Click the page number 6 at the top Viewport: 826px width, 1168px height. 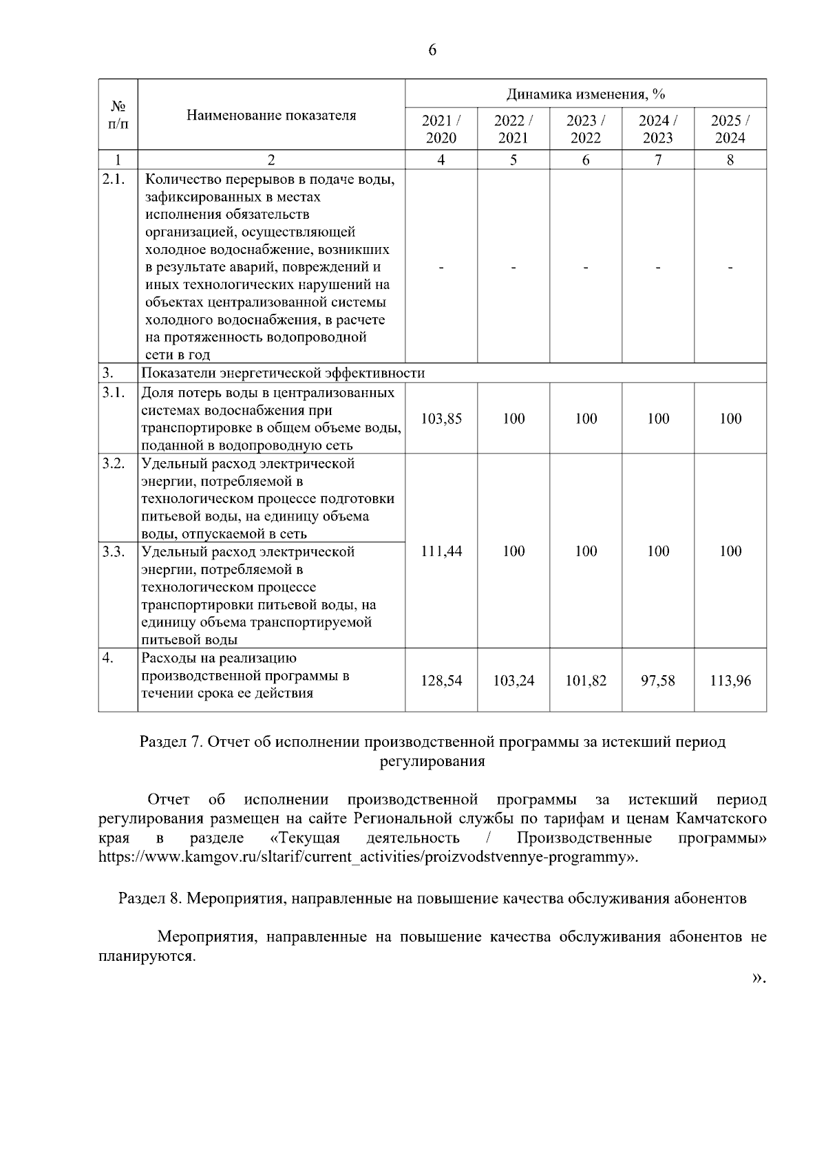coord(432,50)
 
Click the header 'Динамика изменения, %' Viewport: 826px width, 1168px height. coord(586,94)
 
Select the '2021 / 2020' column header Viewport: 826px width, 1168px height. coord(441,129)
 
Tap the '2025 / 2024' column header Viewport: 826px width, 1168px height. coord(730,129)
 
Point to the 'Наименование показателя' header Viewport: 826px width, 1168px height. coord(271,115)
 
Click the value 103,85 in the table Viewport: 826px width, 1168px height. coord(441,418)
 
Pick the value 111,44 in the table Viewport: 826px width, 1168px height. coord(441,551)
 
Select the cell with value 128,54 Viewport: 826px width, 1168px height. coord(441,681)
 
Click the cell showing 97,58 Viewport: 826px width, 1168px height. coord(658,681)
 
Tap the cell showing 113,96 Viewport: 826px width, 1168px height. coord(730,681)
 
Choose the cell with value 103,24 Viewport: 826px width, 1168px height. coord(513,681)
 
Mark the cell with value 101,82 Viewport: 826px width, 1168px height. coord(586,681)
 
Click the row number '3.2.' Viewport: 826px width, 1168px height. coord(114,463)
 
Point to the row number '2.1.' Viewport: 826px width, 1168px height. coord(114,180)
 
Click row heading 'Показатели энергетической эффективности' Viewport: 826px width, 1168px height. coord(283,373)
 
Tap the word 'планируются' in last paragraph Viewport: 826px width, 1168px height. coord(147,957)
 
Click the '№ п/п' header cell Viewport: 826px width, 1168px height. coord(118,115)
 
